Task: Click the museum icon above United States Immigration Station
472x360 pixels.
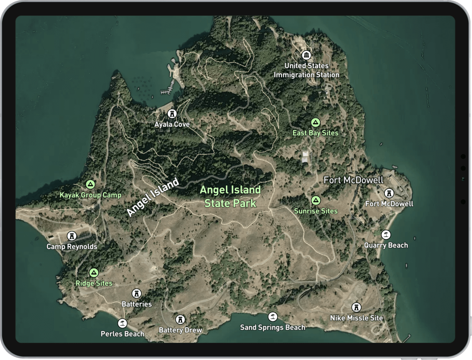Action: click(306, 55)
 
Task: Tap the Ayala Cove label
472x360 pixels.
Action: click(172, 124)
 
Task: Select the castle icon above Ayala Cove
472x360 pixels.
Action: click(172, 114)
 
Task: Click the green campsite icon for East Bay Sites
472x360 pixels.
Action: click(315, 123)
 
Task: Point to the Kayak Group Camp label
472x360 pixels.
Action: click(90, 195)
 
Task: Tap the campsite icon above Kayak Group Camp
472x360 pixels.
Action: click(90, 185)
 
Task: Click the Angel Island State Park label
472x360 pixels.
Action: click(230, 196)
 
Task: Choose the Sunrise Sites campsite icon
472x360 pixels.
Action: click(316, 200)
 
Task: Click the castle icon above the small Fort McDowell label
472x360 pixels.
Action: click(389, 193)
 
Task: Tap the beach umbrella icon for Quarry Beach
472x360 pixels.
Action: click(386, 235)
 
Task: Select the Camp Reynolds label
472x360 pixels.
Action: click(72, 247)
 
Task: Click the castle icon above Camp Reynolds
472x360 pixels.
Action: click(72, 236)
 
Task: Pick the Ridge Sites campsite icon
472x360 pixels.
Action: click(94, 273)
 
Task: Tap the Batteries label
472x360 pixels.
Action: click(137, 304)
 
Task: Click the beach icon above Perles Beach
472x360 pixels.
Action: click(123, 323)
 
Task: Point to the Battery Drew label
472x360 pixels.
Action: click(180, 330)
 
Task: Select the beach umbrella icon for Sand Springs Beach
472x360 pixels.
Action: click(273, 317)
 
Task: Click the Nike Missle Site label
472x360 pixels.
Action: click(357, 318)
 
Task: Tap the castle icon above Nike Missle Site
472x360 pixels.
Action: click(356, 307)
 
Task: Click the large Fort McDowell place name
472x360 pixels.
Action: click(354, 180)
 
